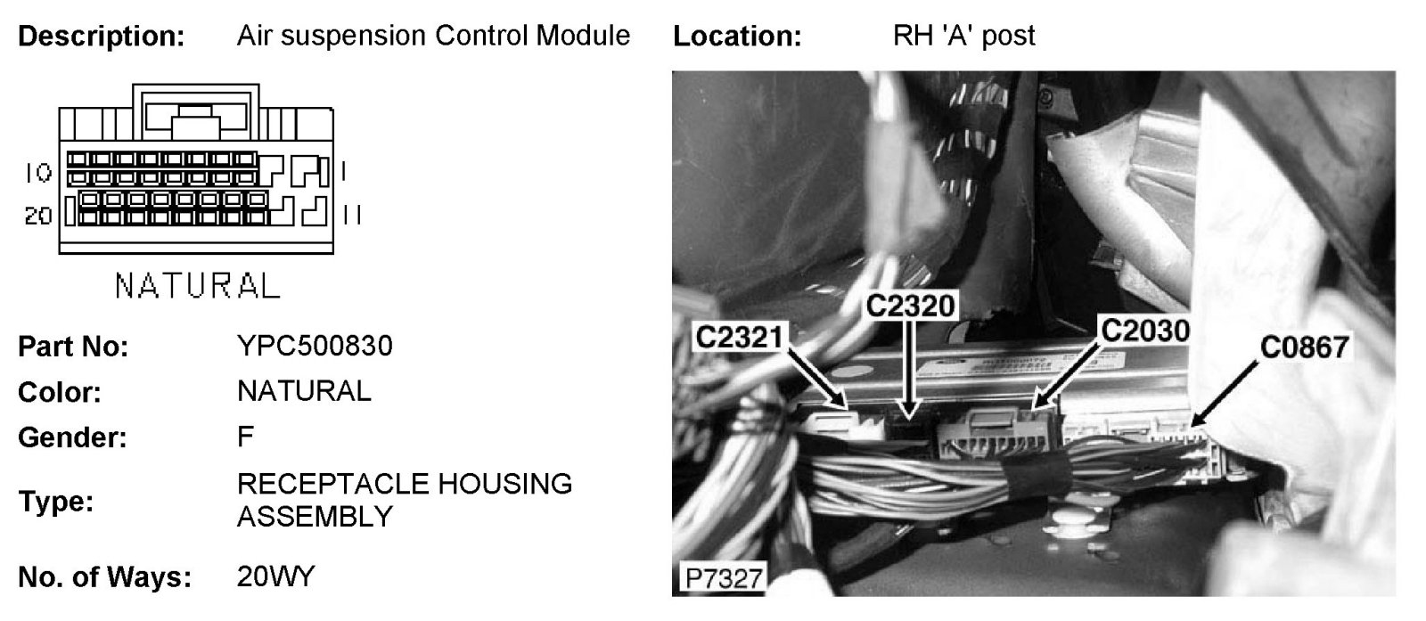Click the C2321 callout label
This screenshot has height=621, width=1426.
(x=741, y=338)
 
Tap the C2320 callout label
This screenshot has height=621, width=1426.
(x=910, y=306)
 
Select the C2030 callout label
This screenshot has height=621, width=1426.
(x=1143, y=331)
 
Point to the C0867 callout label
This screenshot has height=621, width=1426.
(x=1302, y=347)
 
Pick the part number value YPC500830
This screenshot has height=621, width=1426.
(x=315, y=346)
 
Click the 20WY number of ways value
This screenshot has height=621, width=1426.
(x=275, y=576)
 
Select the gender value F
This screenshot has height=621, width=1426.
(x=245, y=437)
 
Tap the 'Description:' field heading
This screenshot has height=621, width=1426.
(x=102, y=37)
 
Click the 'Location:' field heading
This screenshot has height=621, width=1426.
(x=737, y=37)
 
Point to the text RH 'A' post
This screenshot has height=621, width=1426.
(x=963, y=36)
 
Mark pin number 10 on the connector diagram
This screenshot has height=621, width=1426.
(x=37, y=172)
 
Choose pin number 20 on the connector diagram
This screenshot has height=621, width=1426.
(x=37, y=216)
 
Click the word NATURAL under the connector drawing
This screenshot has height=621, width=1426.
(x=197, y=286)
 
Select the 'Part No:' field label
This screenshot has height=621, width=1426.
(x=73, y=347)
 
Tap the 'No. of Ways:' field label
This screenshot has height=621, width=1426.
(x=104, y=577)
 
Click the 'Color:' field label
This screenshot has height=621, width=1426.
(x=60, y=392)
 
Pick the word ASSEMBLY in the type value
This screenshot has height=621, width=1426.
(x=315, y=517)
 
